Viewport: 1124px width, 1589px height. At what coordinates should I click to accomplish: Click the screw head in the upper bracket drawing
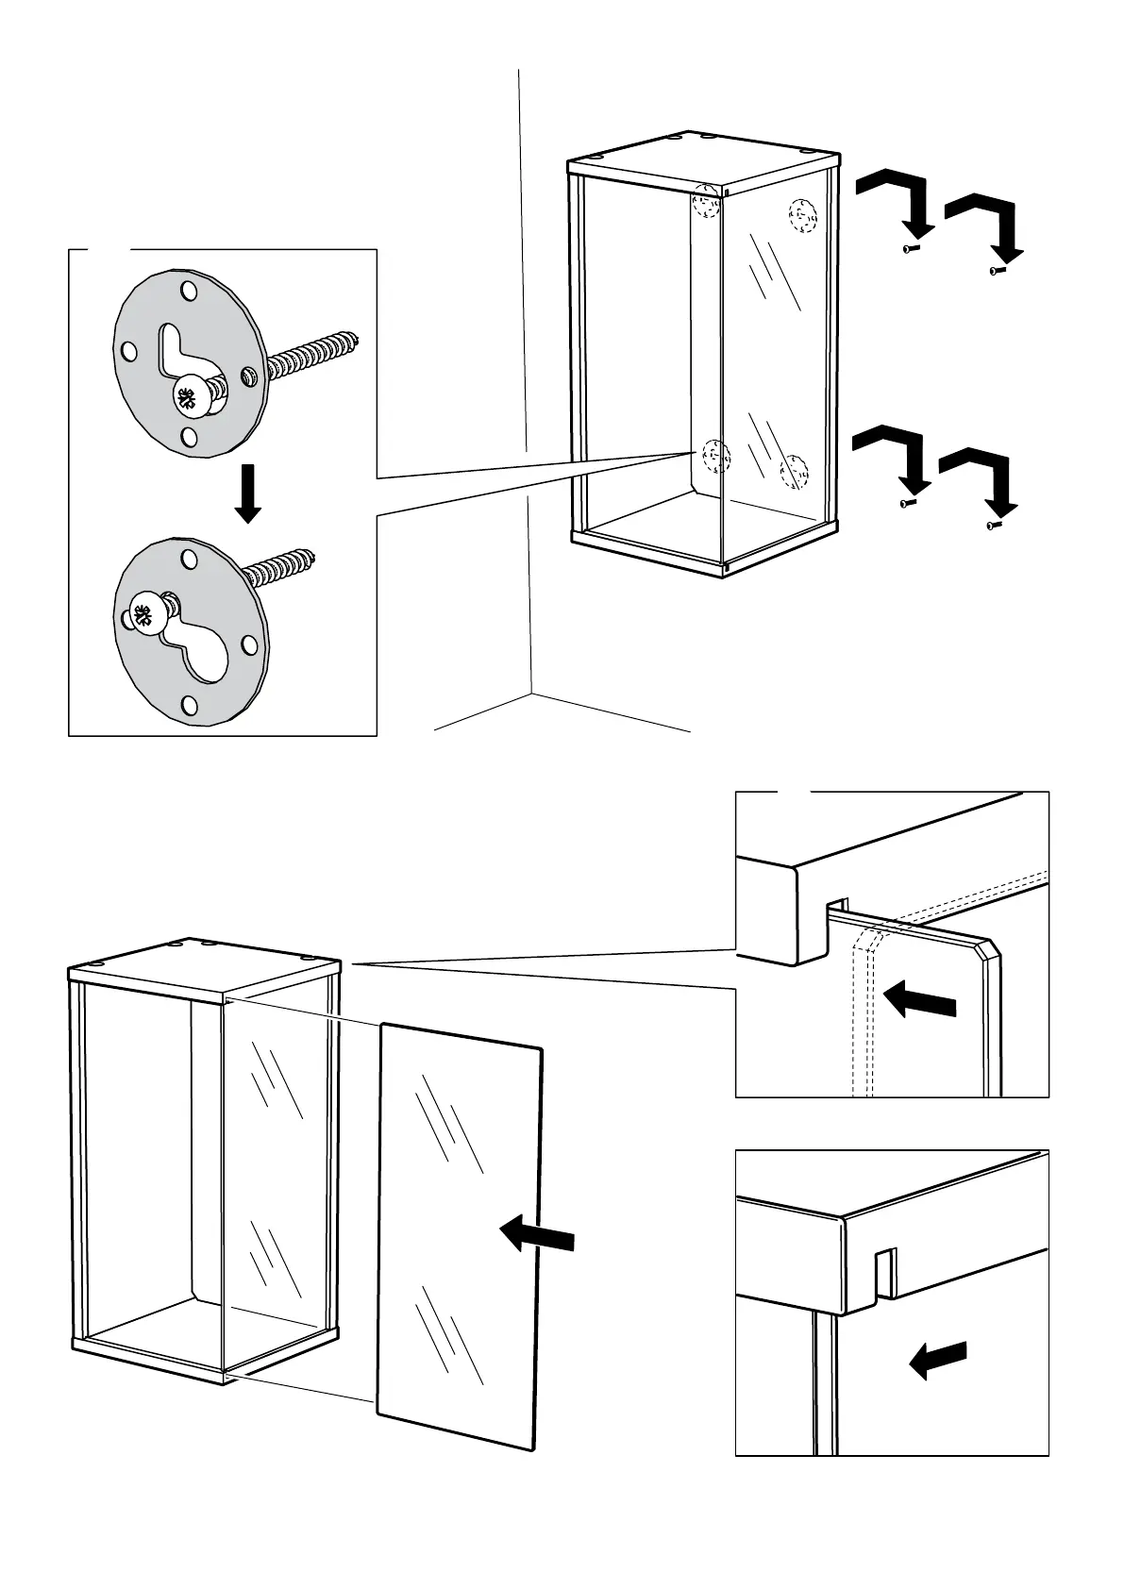pos(190,398)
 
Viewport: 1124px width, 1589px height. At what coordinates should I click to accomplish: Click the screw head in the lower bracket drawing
pos(144,617)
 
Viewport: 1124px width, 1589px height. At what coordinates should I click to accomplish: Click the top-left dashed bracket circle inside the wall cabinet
pos(706,204)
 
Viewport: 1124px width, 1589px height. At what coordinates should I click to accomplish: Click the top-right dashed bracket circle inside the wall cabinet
pos(801,216)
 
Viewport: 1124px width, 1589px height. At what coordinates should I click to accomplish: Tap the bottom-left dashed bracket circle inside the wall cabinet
pos(715,458)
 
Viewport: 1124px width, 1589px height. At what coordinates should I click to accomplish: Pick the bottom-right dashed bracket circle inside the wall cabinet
pos(794,470)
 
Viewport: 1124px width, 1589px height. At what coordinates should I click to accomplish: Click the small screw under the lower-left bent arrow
pos(908,504)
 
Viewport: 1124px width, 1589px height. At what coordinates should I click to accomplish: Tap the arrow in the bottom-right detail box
pos(938,1360)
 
